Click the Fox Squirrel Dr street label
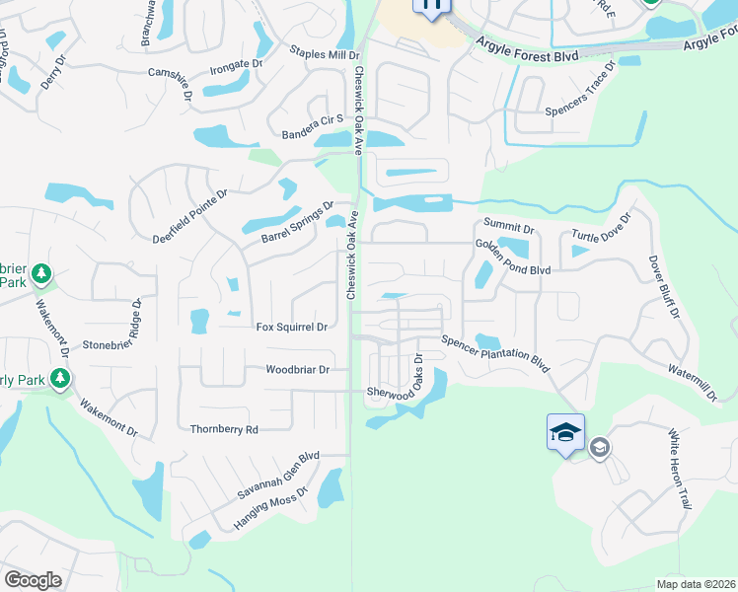pyautogui.click(x=291, y=327)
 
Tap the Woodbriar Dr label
pyautogui.click(x=297, y=370)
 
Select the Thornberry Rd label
pyautogui.click(x=225, y=429)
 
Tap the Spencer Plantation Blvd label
pyautogui.click(x=494, y=352)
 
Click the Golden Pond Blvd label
pyautogui.click(x=512, y=258)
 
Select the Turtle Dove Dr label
pyautogui.click(x=601, y=232)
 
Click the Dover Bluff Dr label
pyautogui.click(x=663, y=287)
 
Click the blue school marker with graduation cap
pyautogui.click(x=566, y=432)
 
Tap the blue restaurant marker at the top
pyautogui.click(x=431, y=6)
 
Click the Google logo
pyautogui.click(x=33, y=579)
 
